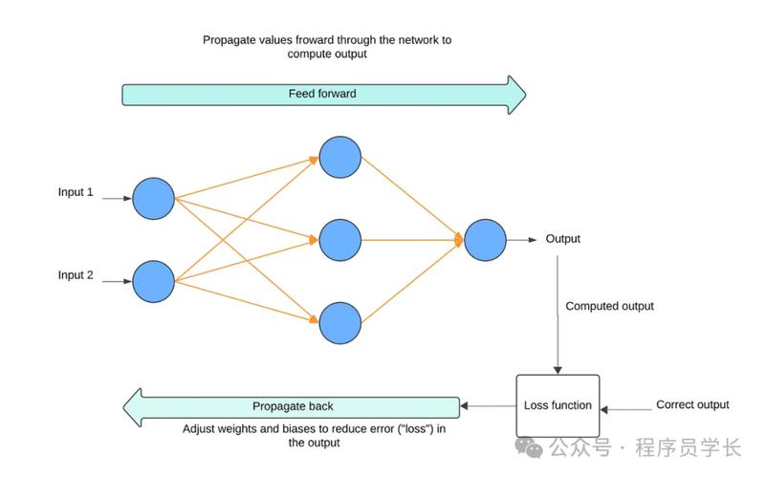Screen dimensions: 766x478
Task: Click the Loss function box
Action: [x=558, y=405]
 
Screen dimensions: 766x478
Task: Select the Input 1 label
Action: [x=76, y=192]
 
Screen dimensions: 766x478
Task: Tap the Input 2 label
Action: [x=76, y=275]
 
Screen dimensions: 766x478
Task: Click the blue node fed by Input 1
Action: [x=153, y=199]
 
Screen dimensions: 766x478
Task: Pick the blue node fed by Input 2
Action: [x=153, y=282]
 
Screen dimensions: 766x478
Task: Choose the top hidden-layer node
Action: [x=340, y=157]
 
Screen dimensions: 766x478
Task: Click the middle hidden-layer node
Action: [x=340, y=240]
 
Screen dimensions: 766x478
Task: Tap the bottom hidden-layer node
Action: [x=340, y=323]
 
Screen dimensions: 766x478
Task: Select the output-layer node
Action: [x=485, y=240]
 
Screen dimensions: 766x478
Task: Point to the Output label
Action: [x=562, y=239]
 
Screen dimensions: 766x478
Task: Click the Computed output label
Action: [x=609, y=306]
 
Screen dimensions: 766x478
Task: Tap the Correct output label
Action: [x=692, y=404]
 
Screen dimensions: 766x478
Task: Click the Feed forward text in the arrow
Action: [x=322, y=94]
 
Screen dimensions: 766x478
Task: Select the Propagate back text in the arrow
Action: [x=293, y=406]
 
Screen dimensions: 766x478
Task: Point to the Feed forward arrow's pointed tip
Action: [x=526, y=95]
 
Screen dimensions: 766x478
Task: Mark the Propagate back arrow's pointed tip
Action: [x=123, y=407]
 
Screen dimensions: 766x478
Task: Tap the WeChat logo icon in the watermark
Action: [x=529, y=447]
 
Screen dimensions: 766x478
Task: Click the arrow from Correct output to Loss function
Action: [x=625, y=409]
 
